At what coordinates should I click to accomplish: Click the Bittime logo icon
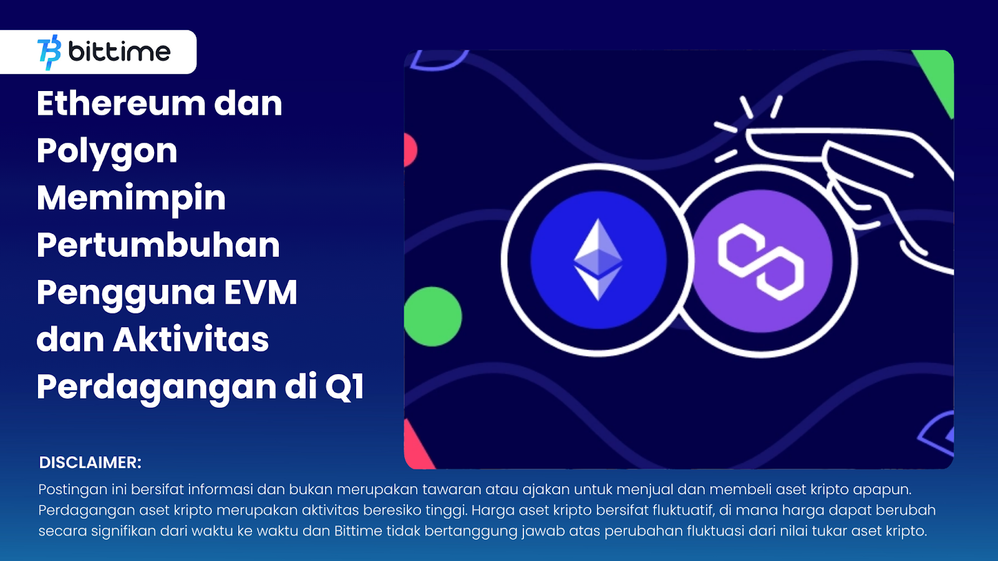click(49, 52)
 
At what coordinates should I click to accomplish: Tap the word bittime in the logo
click(119, 52)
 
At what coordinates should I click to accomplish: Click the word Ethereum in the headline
click(120, 103)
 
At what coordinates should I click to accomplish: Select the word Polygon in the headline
click(107, 151)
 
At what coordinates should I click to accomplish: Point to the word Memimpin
click(131, 198)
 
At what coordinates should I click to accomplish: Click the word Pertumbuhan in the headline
click(158, 245)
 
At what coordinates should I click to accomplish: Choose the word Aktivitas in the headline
click(191, 340)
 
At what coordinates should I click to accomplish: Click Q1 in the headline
click(344, 387)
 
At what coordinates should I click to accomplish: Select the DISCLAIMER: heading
click(90, 463)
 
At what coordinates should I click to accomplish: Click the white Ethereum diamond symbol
click(598, 259)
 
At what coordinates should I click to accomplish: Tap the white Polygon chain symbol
click(761, 261)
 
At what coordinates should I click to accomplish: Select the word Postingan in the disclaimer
click(72, 490)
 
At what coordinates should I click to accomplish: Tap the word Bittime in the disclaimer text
click(358, 531)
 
